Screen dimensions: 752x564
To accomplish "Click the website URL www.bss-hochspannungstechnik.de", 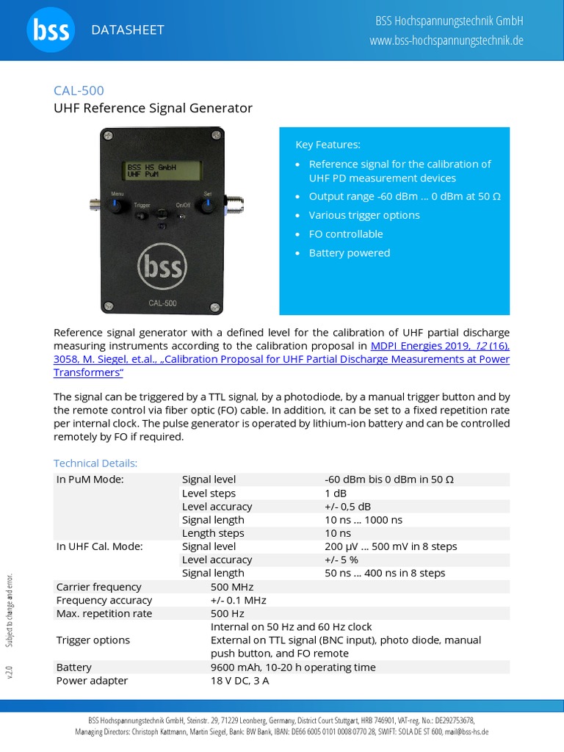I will pos(446,40).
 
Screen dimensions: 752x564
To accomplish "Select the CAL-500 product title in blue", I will pos(79,90).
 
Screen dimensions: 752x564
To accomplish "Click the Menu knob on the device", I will pos(117,206).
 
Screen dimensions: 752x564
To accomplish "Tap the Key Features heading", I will pos(328,144).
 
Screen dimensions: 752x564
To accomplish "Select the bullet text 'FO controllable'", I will pos(345,234).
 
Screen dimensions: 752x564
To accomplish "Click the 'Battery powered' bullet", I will pos(349,253).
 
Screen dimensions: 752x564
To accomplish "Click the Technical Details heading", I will pos(95,463).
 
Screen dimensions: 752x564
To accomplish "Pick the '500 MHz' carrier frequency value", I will pos(232,587).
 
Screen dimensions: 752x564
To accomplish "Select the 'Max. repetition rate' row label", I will pos(104,613).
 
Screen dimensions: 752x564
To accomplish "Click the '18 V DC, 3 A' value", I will pos(240,680).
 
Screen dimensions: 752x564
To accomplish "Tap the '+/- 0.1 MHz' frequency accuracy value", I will pos(238,600).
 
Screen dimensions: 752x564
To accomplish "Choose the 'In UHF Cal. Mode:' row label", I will pos(99,546).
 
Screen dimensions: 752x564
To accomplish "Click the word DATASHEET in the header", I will pos(127,30).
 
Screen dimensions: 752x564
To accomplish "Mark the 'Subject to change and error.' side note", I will pos(10,610).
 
